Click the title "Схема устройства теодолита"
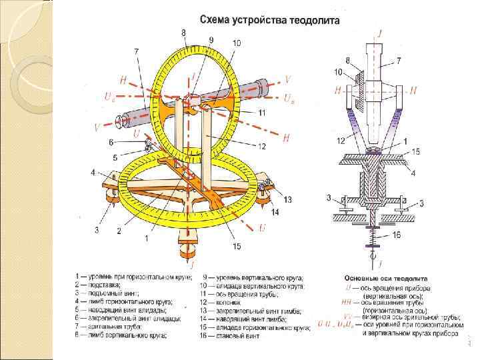(269, 19)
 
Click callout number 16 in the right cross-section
(396, 235)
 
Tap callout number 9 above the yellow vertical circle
(211, 40)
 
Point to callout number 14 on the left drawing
(274, 212)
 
